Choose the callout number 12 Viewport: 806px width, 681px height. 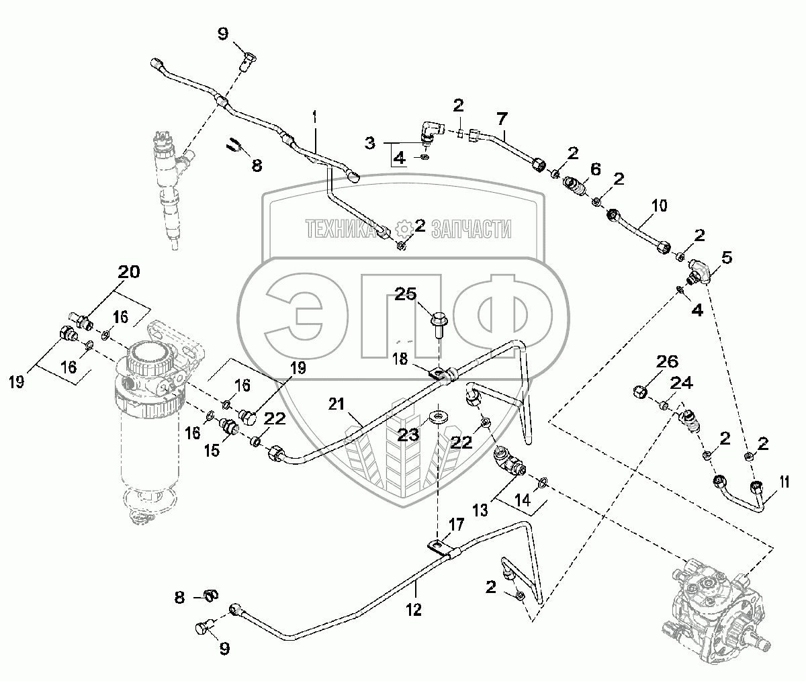pyautogui.click(x=414, y=609)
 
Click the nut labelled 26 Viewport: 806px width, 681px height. pyautogui.click(x=640, y=391)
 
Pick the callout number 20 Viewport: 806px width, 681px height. pyautogui.click(x=130, y=272)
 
